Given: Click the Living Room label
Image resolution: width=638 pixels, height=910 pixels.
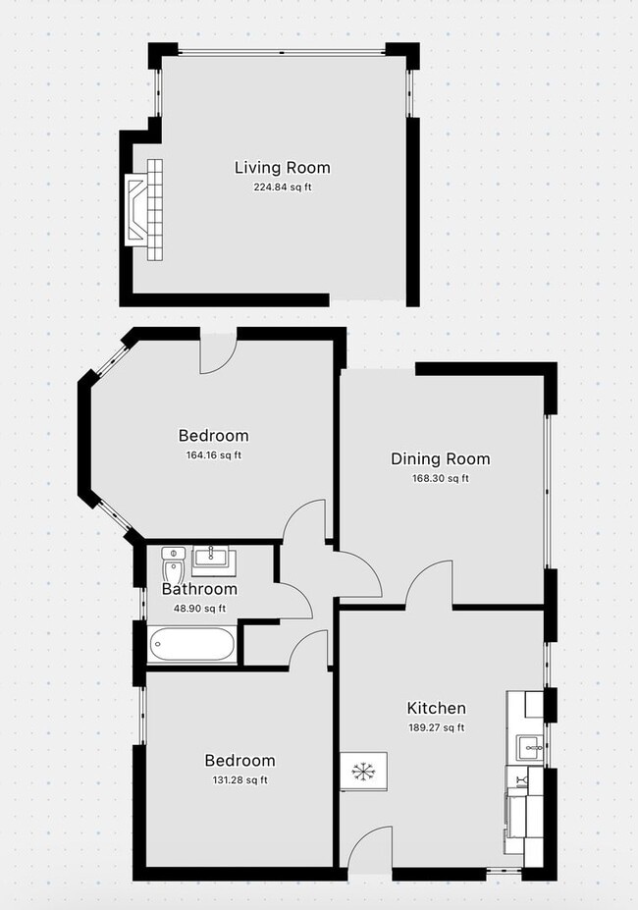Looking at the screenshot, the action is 282,168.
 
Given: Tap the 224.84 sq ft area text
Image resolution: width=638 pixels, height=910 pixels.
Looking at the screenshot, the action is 282,187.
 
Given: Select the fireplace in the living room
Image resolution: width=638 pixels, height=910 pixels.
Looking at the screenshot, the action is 144,210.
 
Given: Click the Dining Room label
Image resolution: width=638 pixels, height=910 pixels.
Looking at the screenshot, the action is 440,459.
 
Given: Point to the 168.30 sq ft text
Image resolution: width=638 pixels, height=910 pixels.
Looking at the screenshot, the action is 440,479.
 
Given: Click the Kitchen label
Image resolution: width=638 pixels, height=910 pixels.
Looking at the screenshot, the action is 436,708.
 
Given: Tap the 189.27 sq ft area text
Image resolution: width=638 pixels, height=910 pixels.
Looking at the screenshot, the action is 436,727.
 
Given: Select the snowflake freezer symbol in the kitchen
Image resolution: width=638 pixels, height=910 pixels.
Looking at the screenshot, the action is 363,772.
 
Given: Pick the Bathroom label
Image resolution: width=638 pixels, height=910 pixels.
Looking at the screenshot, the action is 199,589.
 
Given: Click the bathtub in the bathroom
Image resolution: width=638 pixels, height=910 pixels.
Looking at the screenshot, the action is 191,644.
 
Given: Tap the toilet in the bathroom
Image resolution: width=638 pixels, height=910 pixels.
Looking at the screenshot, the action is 173,564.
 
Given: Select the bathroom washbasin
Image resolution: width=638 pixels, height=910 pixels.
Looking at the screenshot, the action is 214,560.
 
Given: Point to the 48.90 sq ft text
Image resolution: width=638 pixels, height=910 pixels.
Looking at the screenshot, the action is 199,609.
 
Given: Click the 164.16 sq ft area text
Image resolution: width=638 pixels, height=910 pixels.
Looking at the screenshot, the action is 214,455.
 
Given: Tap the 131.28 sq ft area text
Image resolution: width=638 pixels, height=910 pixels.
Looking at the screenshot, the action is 239,780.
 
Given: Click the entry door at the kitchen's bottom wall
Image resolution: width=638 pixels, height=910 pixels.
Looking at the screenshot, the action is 370,848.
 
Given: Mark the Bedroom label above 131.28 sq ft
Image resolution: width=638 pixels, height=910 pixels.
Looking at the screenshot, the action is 239,761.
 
